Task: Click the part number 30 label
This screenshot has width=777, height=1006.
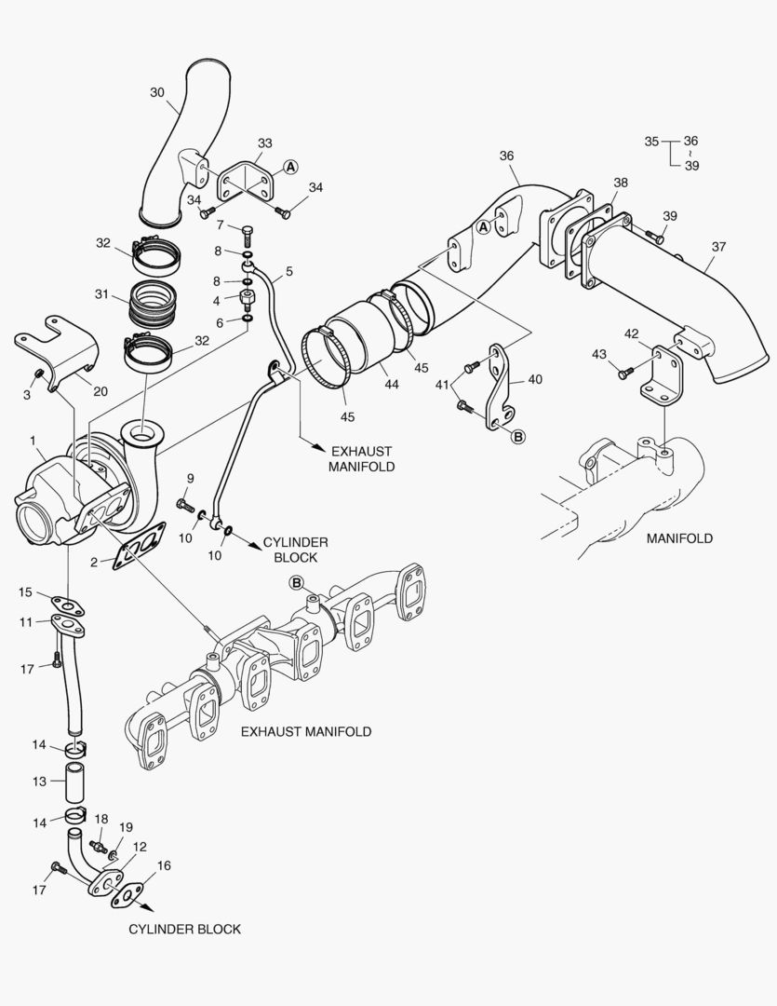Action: (x=157, y=92)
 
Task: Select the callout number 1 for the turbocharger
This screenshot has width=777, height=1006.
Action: (x=33, y=440)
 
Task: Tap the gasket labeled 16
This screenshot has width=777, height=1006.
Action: (x=127, y=895)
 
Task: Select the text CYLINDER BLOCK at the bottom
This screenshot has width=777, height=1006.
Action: (x=184, y=929)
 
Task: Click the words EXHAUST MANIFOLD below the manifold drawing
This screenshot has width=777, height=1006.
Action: (x=306, y=732)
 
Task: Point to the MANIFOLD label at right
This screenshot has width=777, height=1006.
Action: (x=679, y=538)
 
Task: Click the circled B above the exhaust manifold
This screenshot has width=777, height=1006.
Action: (x=297, y=583)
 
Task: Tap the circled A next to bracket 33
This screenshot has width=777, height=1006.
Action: (x=291, y=167)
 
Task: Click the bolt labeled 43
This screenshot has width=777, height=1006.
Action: (x=624, y=374)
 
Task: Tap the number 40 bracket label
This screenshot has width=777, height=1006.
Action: (x=534, y=379)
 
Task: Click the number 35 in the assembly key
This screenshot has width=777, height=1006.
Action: (x=651, y=142)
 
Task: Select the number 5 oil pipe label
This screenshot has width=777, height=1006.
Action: (x=289, y=272)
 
